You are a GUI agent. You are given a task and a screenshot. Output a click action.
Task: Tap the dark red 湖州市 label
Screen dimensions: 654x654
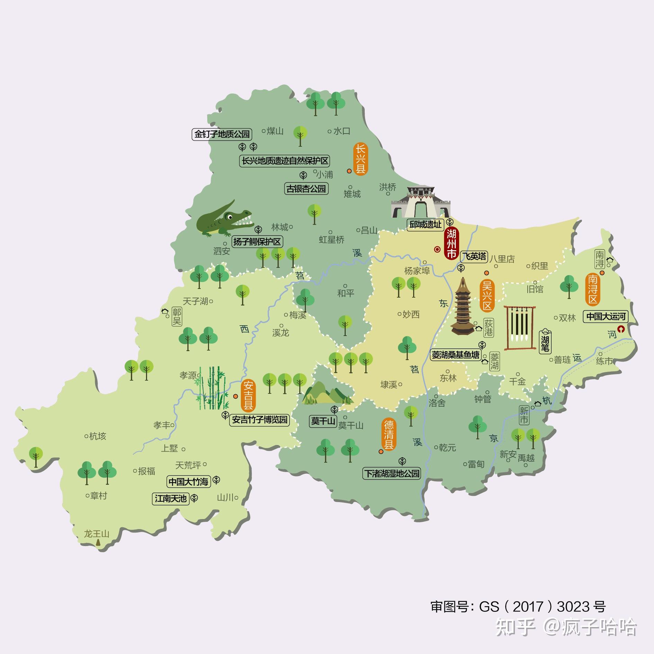click(x=451, y=243)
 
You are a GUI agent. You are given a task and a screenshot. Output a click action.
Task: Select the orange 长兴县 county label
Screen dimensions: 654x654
click(x=360, y=159)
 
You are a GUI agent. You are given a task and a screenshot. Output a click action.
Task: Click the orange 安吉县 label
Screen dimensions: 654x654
click(x=248, y=395)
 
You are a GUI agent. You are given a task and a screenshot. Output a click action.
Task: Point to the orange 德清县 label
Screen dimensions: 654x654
click(x=389, y=434)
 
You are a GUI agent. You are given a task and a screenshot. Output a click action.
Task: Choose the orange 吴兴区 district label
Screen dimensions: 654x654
click(x=487, y=295)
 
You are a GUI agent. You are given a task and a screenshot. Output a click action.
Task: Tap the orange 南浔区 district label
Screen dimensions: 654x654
click(x=593, y=289)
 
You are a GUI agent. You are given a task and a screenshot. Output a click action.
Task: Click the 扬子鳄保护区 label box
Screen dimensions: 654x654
click(x=257, y=242)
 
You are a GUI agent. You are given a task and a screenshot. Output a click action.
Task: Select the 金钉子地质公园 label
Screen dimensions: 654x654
click(x=222, y=134)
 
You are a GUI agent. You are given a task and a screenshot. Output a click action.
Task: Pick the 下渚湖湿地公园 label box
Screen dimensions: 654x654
click(x=392, y=473)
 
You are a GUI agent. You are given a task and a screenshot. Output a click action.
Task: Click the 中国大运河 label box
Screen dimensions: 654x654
click(x=606, y=316)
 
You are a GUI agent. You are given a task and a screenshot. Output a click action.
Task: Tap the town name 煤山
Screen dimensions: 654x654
click(x=275, y=131)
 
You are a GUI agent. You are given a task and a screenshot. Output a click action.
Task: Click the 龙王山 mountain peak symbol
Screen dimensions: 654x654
click(x=98, y=542)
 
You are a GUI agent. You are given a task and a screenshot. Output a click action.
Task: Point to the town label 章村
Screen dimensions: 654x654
click(x=98, y=496)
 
